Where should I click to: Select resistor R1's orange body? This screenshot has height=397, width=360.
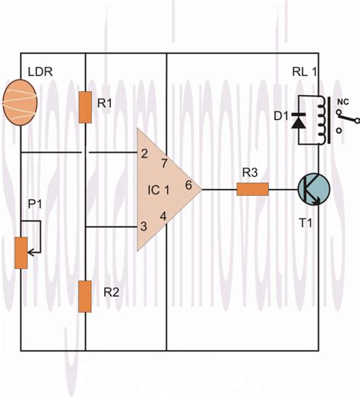86,106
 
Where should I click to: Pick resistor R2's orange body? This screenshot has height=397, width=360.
86,296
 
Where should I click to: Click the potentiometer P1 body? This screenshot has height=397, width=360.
21,251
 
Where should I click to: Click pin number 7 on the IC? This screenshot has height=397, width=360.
163,162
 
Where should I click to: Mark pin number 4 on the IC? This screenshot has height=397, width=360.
163,216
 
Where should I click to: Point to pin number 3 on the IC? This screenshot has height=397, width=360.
143,225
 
